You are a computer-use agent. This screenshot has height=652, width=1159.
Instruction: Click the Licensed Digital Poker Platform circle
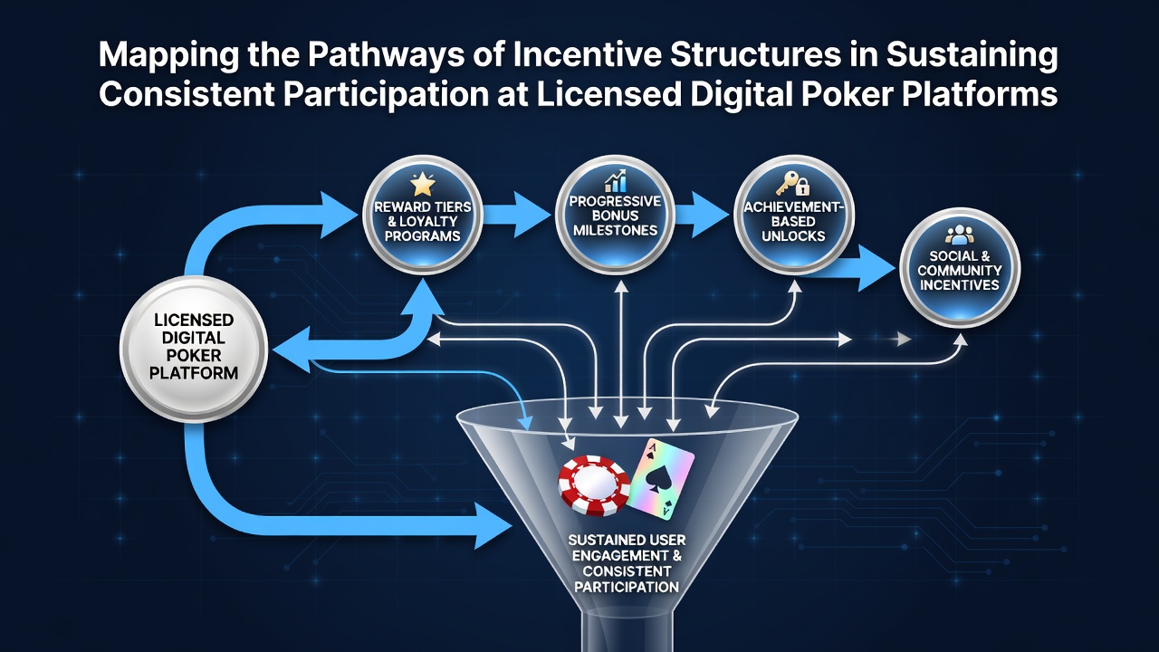click(x=194, y=349)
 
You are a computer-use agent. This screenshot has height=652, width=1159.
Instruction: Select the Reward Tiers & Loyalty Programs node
click(x=423, y=216)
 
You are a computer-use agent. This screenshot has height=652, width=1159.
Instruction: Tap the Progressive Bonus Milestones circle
click(x=615, y=216)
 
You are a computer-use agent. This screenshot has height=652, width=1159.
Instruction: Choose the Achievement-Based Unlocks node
click(x=793, y=216)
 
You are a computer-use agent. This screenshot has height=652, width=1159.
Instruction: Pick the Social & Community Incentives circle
click(x=960, y=268)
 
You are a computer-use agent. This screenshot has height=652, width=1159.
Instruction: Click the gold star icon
click(x=422, y=184)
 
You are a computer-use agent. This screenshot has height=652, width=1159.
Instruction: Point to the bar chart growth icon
click(x=615, y=180)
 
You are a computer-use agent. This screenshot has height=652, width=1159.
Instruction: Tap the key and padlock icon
click(x=792, y=184)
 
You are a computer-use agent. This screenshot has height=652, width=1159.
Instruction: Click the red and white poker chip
click(x=594, y=485)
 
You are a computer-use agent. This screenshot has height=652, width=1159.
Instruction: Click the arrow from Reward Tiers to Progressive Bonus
click(x=516, y=215)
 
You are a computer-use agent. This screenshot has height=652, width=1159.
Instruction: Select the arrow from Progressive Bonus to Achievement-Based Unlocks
click(x=702, y=215)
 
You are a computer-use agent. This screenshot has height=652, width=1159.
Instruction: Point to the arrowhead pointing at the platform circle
click(x=292, y=350)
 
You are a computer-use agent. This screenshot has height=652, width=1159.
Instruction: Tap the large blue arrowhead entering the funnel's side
click(x=493, y=526)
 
